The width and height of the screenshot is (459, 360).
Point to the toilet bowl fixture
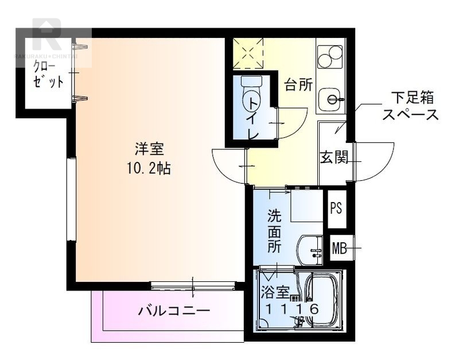click(x=250, y=95)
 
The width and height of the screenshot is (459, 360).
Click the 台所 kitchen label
click(x=299, y=86)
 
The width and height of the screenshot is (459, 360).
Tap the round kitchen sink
click(x=332, y=99)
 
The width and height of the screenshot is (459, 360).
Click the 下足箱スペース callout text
click(x=410, y=105)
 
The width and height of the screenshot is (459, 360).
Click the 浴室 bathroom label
click(x=274, y=292)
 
